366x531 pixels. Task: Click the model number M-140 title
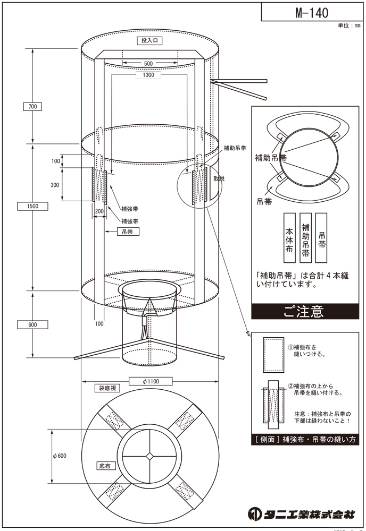[312, 12]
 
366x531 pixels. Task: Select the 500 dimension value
[141, 64]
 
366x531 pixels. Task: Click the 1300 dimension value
[148, 75]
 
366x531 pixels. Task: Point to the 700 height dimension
[32, 107]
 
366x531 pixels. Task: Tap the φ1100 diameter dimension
[150, 381]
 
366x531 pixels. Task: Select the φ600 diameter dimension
[59, 456]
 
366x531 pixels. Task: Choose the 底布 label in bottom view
[104, 466]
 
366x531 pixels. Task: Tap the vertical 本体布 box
[289, 237]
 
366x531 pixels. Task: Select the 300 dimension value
[55, 185]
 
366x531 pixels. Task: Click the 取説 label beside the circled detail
[219, 179]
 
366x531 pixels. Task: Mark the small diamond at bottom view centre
[151, 456]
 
